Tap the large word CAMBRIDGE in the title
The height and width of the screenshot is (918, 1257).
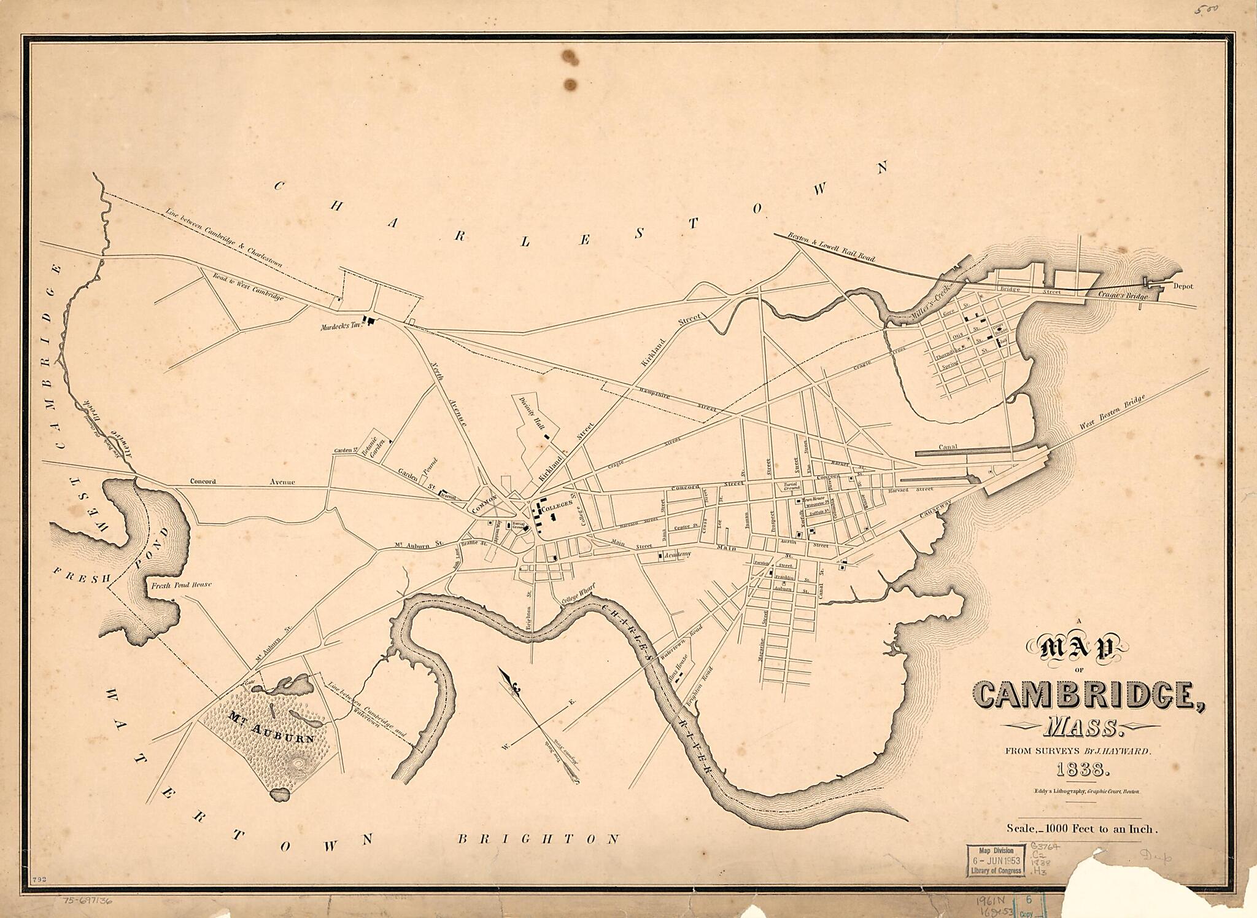tap(1088, 694)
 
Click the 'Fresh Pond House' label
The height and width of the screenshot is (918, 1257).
tap(181, 585)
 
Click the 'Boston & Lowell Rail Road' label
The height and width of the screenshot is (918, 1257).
tap(831, 249)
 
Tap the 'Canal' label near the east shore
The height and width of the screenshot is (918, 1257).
tap(948, 447)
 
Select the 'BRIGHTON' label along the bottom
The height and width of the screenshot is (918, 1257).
tap(539, 839)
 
